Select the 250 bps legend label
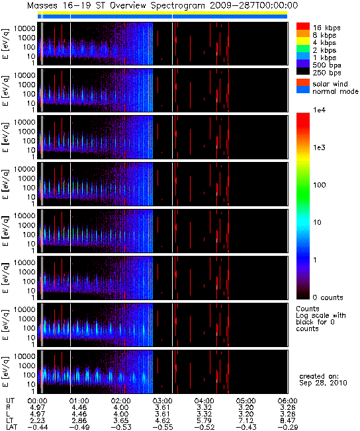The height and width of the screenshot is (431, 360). point(327,73)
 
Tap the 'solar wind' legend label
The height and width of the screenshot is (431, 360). point(330,84)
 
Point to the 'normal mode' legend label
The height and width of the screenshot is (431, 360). point(336,91)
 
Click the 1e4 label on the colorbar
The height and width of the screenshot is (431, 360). point(319,110)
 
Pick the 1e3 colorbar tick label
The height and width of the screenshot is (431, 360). point(319,147)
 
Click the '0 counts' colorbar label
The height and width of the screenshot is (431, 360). point(328,297)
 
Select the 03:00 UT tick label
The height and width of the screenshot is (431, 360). point(162,401)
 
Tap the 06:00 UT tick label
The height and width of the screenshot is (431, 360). point(287,401)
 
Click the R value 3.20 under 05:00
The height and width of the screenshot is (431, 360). point(246,407)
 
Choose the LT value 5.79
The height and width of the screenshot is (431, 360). point(204,420)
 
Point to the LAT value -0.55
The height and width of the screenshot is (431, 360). point(162,427)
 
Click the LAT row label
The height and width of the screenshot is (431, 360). point(11,427)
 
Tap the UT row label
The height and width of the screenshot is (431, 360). point(10,401)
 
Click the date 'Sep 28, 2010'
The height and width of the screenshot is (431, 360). point(323,383)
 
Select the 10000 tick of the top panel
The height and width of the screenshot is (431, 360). point(24,28)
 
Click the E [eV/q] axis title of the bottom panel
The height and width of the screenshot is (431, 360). point(5,372)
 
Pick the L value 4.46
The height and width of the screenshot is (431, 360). point(79,414)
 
